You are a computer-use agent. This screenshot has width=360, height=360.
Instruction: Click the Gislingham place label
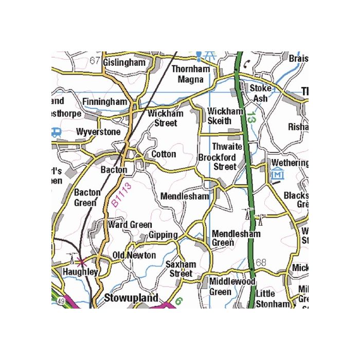124,62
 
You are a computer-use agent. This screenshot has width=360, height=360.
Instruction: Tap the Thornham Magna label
191,74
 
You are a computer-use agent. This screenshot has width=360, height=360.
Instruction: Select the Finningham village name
104,102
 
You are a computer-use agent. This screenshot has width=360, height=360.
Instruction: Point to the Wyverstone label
98,132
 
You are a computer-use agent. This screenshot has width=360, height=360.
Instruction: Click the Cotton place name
164,154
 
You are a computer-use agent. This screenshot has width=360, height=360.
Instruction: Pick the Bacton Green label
87,197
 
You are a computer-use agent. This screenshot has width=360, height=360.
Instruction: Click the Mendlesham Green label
236,238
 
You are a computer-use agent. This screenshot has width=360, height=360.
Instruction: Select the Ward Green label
130,225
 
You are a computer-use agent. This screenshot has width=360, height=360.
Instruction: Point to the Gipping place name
163,235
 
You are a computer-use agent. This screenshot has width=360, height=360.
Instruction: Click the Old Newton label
134,256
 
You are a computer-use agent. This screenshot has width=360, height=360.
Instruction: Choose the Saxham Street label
181,269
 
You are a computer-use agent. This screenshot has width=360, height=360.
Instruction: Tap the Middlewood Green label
232,287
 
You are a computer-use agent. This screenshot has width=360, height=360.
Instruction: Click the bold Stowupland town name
131,298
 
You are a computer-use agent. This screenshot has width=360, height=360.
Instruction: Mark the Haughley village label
80,272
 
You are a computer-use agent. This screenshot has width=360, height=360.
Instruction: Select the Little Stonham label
273,298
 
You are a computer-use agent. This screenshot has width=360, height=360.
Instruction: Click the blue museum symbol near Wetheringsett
277,174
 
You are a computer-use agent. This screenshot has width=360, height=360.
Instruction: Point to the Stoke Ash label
260,93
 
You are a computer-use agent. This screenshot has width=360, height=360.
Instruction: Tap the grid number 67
95,61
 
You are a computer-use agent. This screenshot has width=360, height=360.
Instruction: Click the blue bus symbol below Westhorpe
56,132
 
